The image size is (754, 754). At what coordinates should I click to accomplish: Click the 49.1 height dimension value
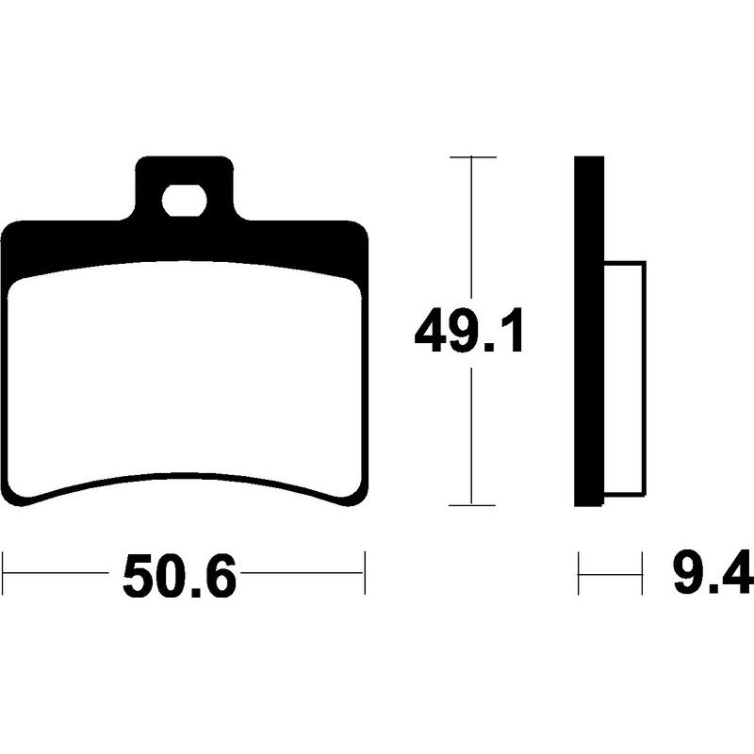click(468, 332)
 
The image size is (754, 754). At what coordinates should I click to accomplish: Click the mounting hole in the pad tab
click(185, 200)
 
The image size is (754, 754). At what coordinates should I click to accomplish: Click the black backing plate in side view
click(589, 332)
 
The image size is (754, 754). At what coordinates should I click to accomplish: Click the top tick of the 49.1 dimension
click(473, 157)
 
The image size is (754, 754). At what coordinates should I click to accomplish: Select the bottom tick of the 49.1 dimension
click(473, 505)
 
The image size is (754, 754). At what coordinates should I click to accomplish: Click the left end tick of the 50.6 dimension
click(4, 573)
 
